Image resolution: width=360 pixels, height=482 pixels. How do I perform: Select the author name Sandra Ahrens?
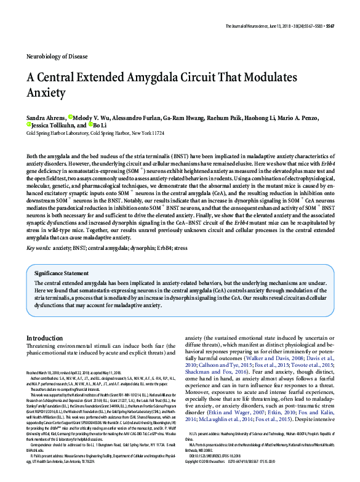click(45, 116)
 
